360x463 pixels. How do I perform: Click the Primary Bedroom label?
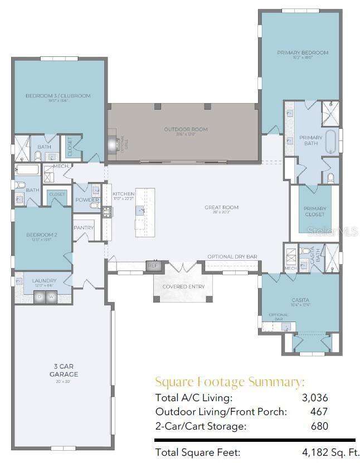tap(303, 53)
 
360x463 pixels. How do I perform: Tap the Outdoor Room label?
tap(186, 130)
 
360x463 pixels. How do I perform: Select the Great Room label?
tap(221, 208)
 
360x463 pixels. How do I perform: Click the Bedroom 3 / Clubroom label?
tap(58, 96)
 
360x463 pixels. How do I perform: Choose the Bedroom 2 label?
tap(41, 235)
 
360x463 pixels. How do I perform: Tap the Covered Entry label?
tap(183, 286)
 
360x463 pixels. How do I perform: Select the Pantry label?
tap(84, 227)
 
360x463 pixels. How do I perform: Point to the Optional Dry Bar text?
tap(232, 257)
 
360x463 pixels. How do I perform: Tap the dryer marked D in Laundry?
tap(40, 297)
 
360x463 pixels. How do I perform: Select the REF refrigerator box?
tap(153, 266)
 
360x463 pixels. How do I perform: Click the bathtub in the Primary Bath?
tap(330, 141)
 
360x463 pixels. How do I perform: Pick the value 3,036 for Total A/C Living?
tap(315, 397)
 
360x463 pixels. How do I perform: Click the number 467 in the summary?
tap(319, 412)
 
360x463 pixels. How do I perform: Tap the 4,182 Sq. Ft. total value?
tap(328, 452)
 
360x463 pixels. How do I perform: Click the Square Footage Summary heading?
tap(230, 382)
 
